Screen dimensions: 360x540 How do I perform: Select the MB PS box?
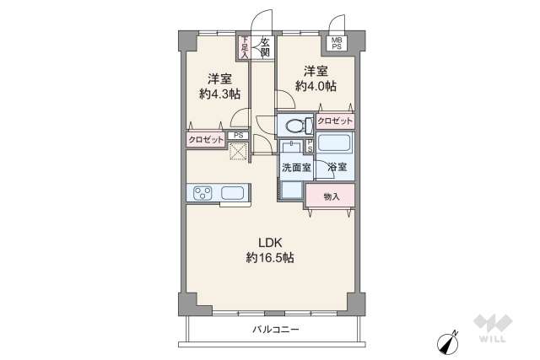[337, 43]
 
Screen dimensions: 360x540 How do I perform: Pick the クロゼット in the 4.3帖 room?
[206, 140]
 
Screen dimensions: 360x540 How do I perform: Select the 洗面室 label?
[296, 168]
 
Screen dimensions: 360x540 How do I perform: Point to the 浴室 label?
[336, 168]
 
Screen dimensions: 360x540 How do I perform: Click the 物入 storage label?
[332, 196]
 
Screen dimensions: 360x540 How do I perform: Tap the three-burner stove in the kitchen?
[203, 194]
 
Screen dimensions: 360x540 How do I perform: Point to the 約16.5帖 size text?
[270, 257]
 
